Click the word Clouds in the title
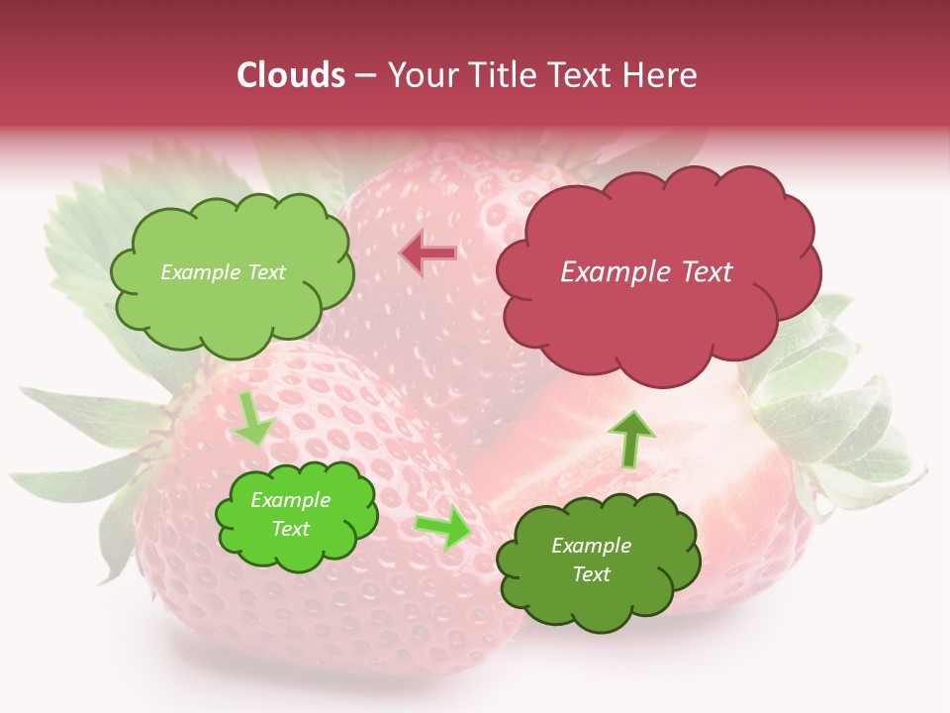point(291,75)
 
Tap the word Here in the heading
point(660,75)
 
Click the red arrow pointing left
point(428,254)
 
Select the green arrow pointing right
point(444,527)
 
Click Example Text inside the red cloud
point(646,272)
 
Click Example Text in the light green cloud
point(223,272)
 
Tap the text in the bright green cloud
point(290,515)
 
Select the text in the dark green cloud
point(591,560)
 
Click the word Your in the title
point(421,75)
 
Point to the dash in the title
point(364,75)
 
